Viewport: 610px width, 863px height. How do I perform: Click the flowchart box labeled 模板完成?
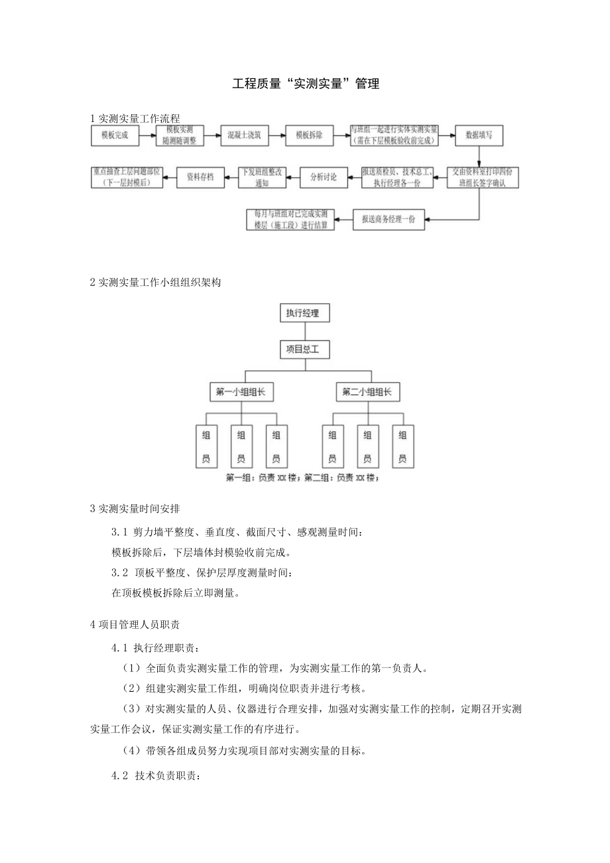(115, 135)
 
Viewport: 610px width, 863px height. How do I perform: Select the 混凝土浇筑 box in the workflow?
(244, 135)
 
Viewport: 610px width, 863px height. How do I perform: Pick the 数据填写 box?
(479, 135)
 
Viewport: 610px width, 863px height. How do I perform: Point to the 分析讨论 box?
(324, 177)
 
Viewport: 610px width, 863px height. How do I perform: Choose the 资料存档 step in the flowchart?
(200, 177)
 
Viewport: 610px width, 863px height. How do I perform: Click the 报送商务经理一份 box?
(389, 220)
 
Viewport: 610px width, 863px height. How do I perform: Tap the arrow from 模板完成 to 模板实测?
(147, 135)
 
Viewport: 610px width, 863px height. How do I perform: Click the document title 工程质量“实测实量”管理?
(306, 84)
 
